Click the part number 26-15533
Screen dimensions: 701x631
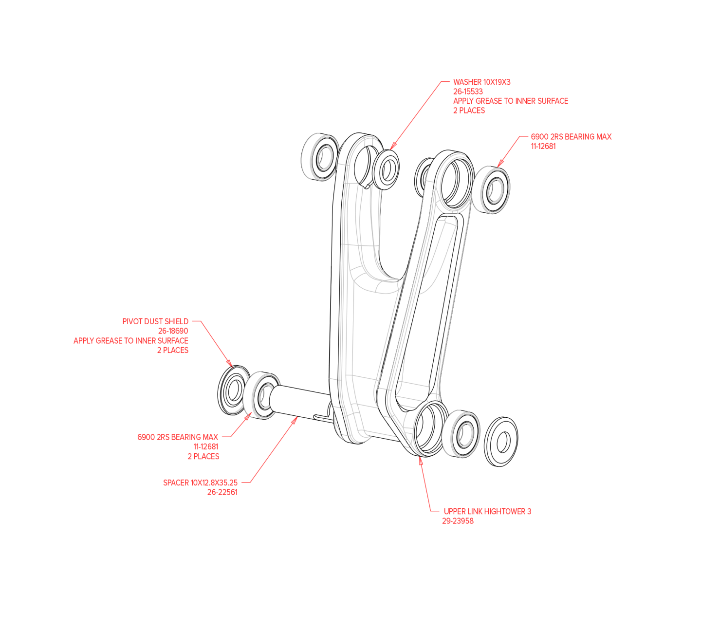(x=467, y=92)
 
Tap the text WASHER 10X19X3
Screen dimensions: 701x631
(x=481, y=82)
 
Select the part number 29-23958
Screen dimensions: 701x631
(x=458, y=521)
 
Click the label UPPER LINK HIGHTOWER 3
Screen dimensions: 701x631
(x=487, y=511)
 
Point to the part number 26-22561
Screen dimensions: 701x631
(x=222, y=493)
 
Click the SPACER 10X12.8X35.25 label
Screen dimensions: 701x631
(x=200, y=483)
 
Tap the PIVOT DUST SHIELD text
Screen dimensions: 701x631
(x=155, y=322)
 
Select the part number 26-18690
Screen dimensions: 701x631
(x=173, y=331)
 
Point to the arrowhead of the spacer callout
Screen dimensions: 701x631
(x=294, y=420)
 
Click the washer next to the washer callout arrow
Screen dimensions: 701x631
(x=386, y=170)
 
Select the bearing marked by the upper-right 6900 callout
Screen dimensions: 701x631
(x=492, y=190)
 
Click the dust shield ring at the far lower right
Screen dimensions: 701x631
(x=501, y=442)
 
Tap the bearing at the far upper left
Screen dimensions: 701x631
(x=320, y=157)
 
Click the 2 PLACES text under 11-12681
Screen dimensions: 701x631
(x=203, y=457)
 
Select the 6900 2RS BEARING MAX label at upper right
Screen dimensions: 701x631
(x=571, y=137)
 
